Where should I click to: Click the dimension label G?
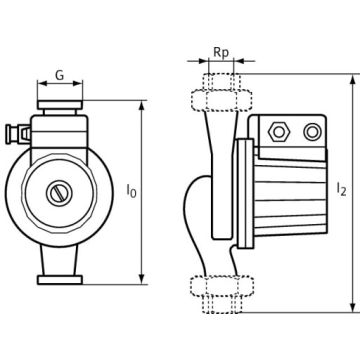[x=59, y=75]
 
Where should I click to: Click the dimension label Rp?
[x=221, y=53]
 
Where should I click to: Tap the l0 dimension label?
[x=131, y=191]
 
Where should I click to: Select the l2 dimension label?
[x=341, y=189]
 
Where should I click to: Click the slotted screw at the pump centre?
[x=59, y=193]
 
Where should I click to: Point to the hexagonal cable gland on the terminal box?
[x=279, y=132]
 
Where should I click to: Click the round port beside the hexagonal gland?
[x=312, y=132]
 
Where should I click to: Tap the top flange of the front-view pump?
[x=60, y=105]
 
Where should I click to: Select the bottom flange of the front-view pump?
[x=60, y=280]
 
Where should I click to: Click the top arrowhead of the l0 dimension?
[x=142, y=106]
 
